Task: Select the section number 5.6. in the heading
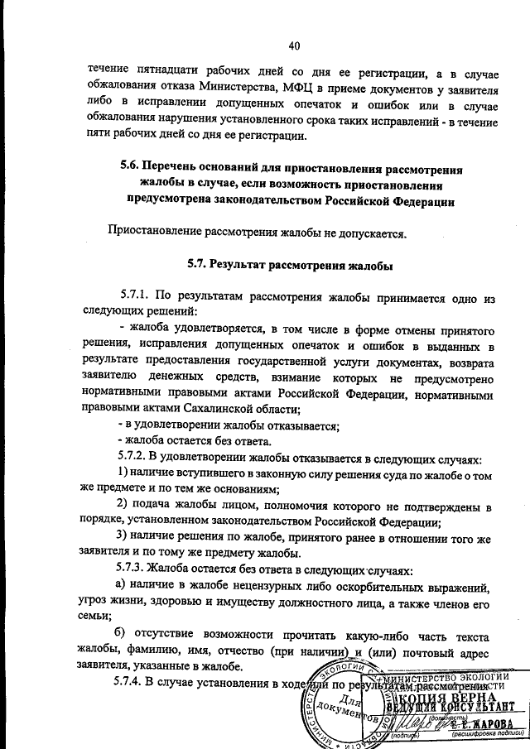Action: pos(135,169)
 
